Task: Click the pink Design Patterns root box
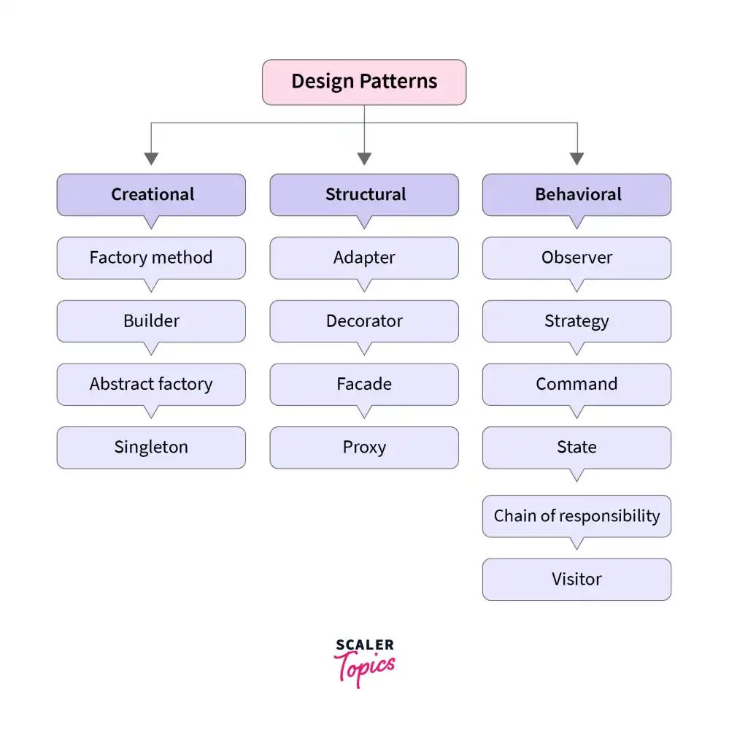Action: [x=364, y=82]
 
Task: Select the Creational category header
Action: [x=151, y=195]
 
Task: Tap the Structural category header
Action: [x=364, y=195]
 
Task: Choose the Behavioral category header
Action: [x=576, y=195]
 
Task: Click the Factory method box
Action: [x=151, y=258]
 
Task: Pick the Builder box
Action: [x=151, y=321]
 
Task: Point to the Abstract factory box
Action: [x=151, y=385]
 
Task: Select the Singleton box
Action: [x=151, y=447]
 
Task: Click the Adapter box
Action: [x=364, y=258]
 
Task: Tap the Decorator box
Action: [x=364, y=321]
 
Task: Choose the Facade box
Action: [x=364, y=385]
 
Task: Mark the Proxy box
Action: [x=364, y=447]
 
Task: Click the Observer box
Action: [x=576, y=258]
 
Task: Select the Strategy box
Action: [x=576, y=321]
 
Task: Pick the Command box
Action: [x=576, y=385]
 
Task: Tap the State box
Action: [x=576, y=447]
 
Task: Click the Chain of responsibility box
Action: [x=576, y=516]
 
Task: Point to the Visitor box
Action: [x=576, y=580]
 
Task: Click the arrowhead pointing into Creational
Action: [x=151, y=158]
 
